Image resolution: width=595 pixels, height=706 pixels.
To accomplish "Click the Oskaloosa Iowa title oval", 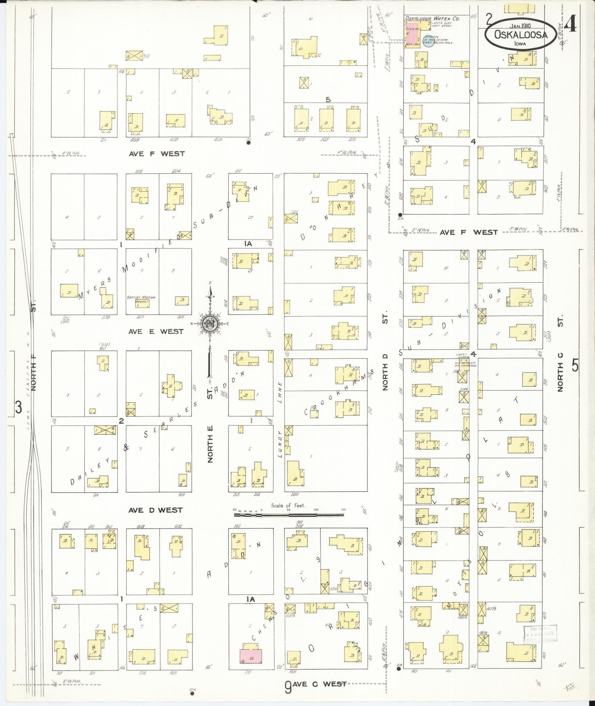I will [x=520, y=34].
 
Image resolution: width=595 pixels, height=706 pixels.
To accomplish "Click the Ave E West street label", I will [x=156, y=331].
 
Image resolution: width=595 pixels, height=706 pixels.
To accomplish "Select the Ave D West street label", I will [x=155, y=510].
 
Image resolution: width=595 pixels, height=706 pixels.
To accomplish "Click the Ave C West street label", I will [x=319, y=683].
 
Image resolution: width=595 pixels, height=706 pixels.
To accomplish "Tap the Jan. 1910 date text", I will [x=520, y=26].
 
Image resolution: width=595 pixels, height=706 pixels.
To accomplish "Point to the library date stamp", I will [x=539, y=633].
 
